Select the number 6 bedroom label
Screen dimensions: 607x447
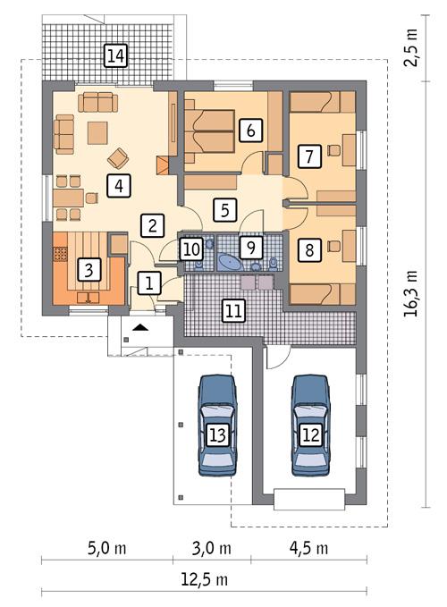(x=251, y=131)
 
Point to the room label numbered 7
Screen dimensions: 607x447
(x=309, y=156)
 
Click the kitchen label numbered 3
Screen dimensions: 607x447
(x=88, y=267)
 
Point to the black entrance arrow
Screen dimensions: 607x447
(x=139, y=329)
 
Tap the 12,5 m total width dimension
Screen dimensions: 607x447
(x=203, y=580)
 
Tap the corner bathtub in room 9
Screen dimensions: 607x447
(x=228, y=261)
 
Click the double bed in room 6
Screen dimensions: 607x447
(x=209, y=131)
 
